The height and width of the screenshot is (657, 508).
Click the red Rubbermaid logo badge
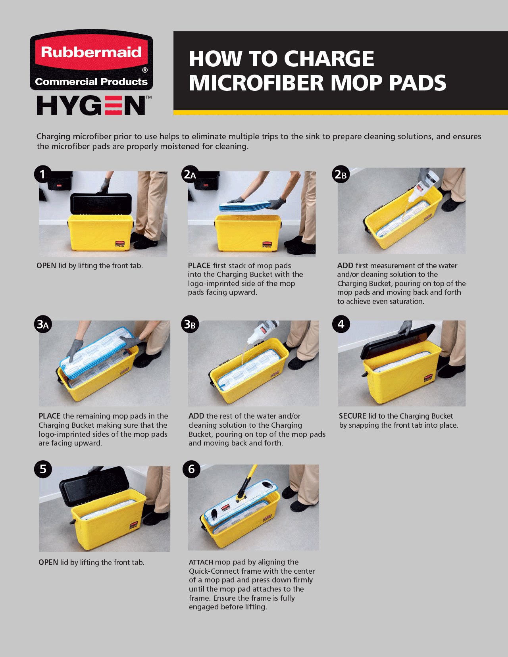click(x=91, y=60)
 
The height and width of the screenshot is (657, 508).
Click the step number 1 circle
click(x=43, y=174)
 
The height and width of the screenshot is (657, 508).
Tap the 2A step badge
click(x=190, y=174)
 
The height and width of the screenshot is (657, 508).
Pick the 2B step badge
click(x=341, y=174)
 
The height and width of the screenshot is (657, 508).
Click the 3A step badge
click(x=42, y=324)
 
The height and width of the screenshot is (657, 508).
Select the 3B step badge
click(x=190, y=324)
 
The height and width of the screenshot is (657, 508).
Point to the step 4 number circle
click(x=341, y=324)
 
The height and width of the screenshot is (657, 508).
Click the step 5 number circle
click(x=43, y=469)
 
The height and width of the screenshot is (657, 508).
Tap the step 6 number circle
click(x=191, y=469)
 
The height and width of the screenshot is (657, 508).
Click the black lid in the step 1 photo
click(x=101, y=204)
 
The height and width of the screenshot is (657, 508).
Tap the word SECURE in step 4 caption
click(x=352, y=416)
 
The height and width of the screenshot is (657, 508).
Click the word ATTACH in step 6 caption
click(x=201, y=562)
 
